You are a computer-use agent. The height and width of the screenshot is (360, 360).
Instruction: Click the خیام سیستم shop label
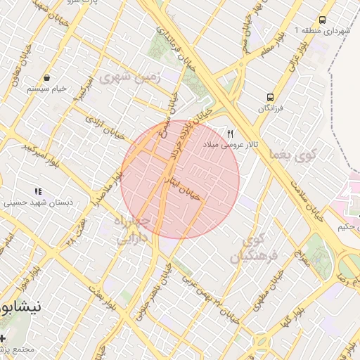tap(46, 89)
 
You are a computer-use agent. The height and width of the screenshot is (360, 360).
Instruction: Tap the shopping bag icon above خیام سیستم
tap(46, 77)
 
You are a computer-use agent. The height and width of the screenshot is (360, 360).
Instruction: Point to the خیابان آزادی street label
tap(105, 127)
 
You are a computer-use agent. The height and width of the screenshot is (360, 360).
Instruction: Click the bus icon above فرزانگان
tap(269, 97)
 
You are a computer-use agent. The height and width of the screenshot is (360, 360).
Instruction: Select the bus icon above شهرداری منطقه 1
tap(323, 20)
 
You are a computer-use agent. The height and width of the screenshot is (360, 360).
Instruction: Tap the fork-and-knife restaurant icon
tap(230, 134)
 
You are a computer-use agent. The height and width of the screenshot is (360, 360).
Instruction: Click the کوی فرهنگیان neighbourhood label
tap(255, 247)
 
